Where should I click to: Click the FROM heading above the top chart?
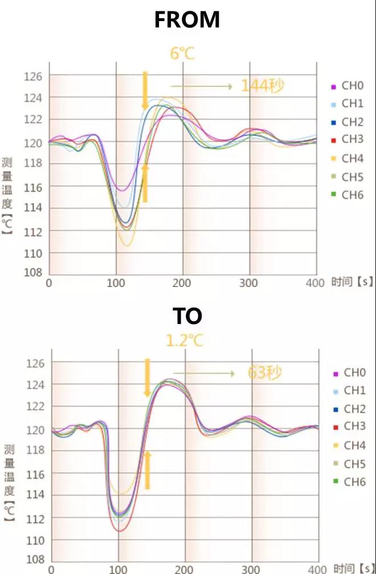[187, 20]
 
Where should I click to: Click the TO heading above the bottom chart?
[187, 315]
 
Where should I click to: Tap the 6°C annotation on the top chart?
[183, 54]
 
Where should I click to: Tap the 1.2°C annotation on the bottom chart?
[184, 341]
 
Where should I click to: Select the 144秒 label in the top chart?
[262, 86]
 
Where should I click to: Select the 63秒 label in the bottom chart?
[265, 373]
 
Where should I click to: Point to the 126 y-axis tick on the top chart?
[33, 76]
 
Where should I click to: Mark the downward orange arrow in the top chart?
[145, 90]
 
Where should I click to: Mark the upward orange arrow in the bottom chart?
[148, 470]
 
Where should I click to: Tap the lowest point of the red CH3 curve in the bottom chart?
[120, 531]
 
